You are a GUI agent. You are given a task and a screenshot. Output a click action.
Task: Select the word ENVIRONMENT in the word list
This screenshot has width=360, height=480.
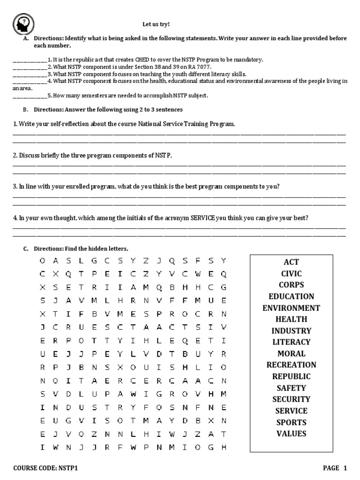291,308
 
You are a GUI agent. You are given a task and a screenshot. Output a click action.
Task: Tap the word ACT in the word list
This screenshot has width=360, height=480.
291,262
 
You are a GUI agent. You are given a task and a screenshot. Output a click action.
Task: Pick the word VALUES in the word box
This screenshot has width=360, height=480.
291,434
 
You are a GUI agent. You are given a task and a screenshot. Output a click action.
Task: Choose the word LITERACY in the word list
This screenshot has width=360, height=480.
291,342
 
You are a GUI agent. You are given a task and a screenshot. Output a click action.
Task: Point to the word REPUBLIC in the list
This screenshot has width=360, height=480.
291,376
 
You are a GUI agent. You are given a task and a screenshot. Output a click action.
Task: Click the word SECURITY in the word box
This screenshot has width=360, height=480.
291,399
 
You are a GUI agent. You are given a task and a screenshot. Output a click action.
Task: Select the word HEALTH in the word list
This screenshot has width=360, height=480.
291,319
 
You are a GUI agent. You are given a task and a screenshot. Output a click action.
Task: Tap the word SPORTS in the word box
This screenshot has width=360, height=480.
291,422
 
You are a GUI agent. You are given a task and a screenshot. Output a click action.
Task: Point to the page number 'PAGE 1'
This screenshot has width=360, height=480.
335,468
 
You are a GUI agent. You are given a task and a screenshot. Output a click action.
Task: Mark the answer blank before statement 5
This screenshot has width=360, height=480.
29,96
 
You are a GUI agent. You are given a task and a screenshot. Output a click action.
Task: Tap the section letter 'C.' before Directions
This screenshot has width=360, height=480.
26,248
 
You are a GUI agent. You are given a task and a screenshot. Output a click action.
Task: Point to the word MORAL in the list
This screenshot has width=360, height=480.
291,353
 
